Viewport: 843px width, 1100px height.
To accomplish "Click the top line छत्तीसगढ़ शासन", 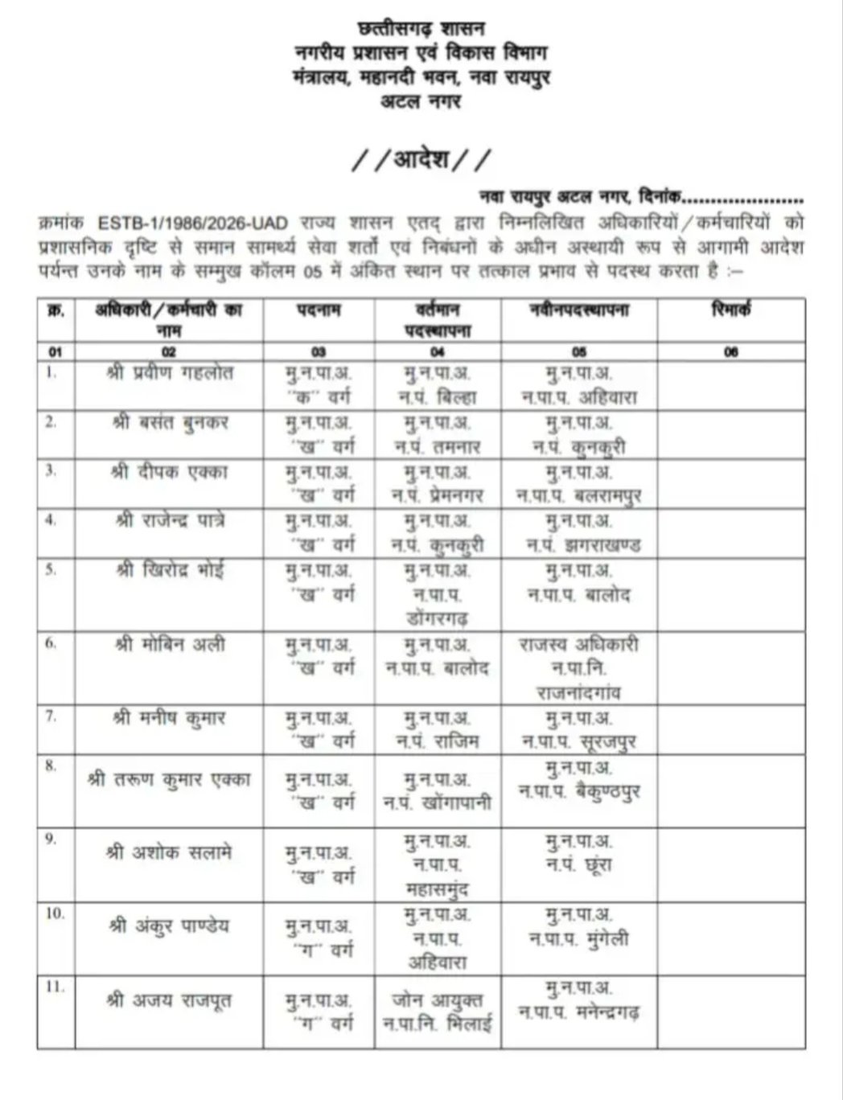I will [x=421, y=31].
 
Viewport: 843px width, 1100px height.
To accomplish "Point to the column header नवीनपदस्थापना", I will [x=578, y=310].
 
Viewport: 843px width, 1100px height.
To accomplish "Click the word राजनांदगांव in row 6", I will [x=579, y=692].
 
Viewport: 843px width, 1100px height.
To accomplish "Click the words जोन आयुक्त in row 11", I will [x=438, y=1001].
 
